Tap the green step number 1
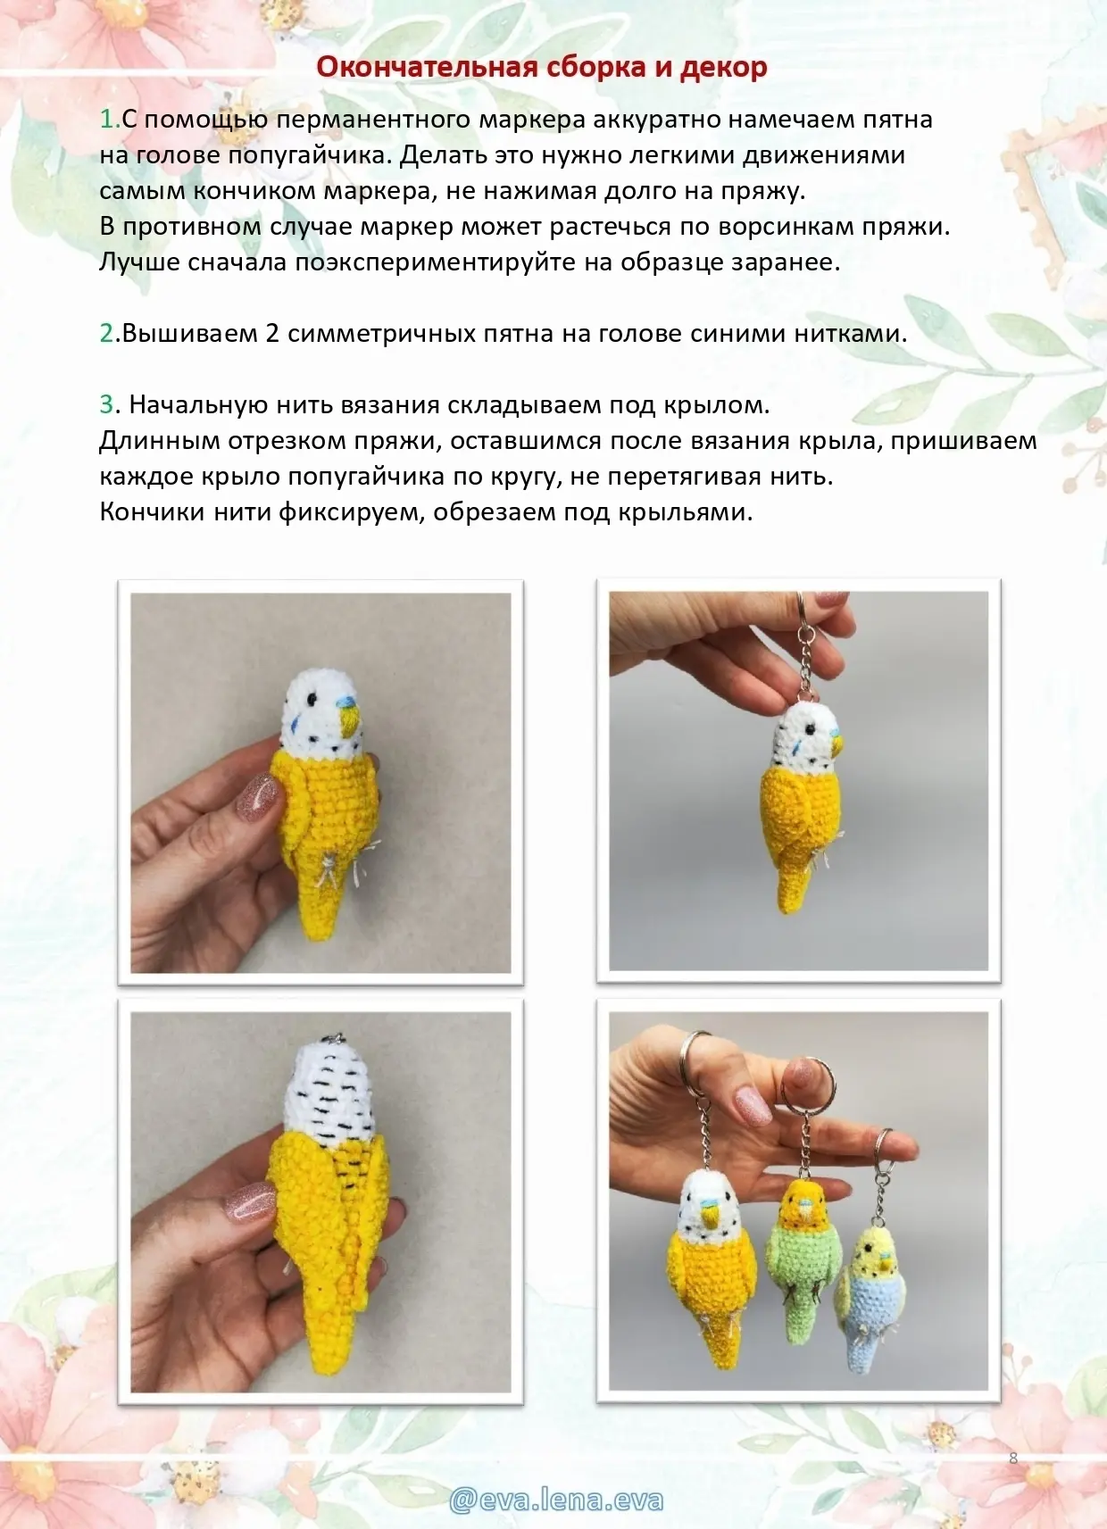[x=107, y=120]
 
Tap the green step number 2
[x=107, y=334]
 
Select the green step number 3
[x=107, y=404]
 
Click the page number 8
[x=1013, y=1458]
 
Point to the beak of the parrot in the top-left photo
[x=352, y=720]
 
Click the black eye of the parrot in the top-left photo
[x=312, y=699]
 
